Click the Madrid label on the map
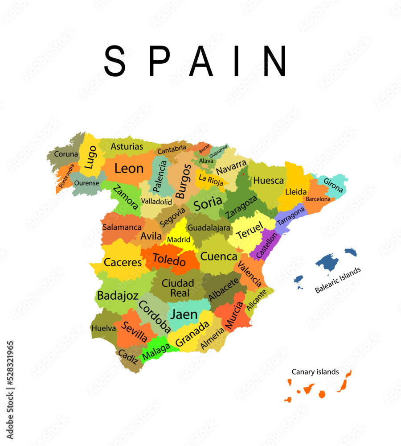179,240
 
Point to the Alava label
206,161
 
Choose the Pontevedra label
67,175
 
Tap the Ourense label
86,183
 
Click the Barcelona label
318,199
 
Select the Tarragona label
291,216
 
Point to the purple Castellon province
266,245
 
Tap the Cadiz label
128,357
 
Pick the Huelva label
103,328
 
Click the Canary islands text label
315,372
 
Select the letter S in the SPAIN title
115,61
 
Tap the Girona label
333,185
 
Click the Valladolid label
156,202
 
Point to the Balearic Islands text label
337,280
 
